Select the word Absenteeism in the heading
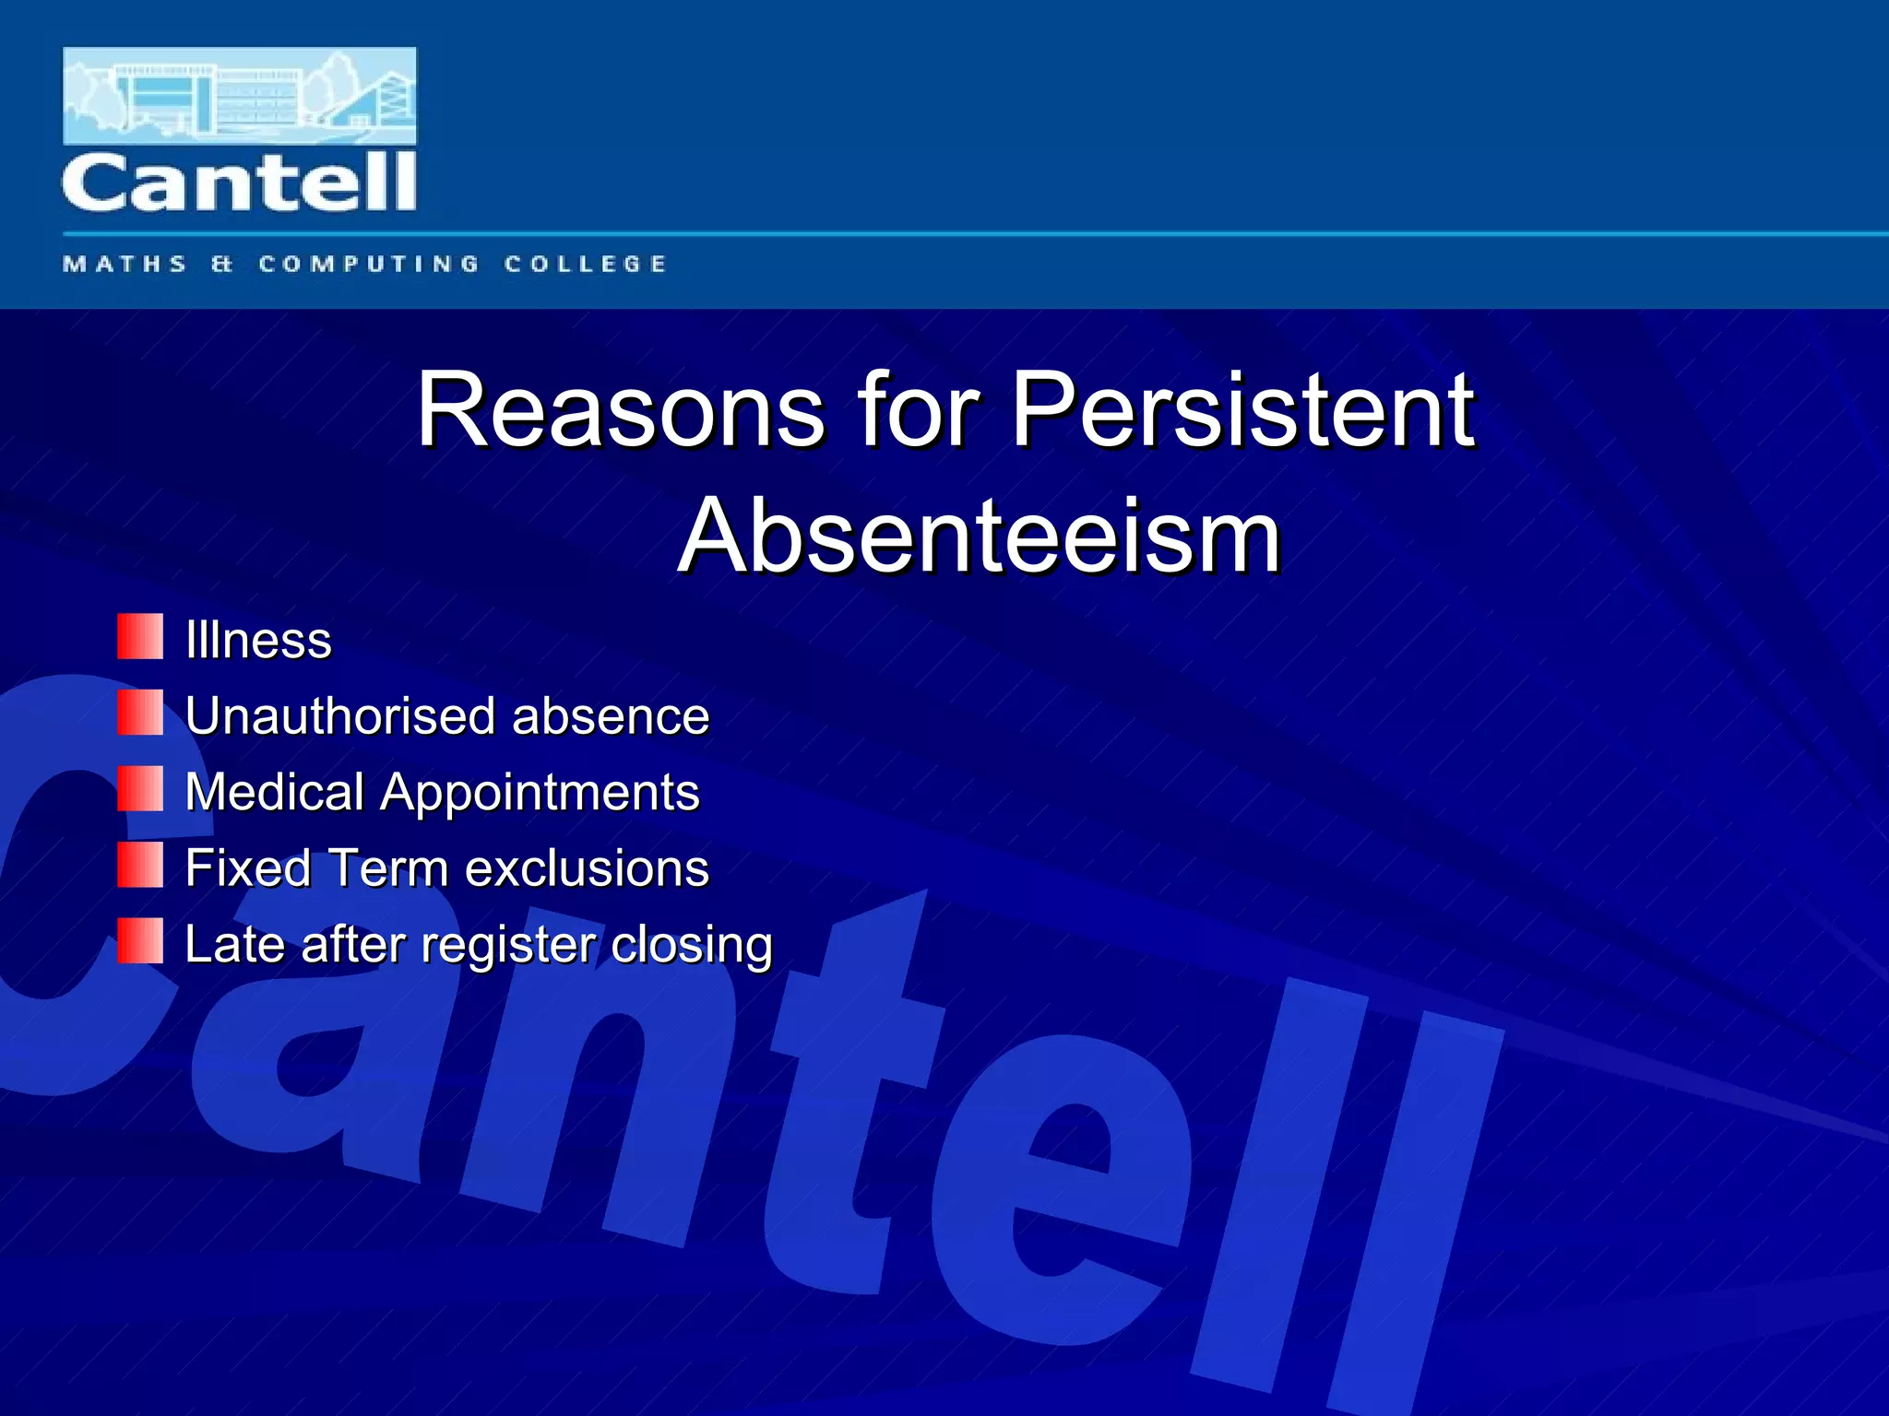pyautogui.click(x=980, y=537)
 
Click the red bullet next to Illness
pyautogui.click(x=140, y=637)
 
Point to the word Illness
pyautogui.click(x=258, y=640)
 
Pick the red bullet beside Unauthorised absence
pyautogui.click(x=140, y=713)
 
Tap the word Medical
pyautogui.click(x=275, y=792)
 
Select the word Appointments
pyautogui.click(x=541, y=794)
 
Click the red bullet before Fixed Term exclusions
pyautogui.click(x=140, y=865)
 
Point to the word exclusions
pyautogui.click(x=587, y=868)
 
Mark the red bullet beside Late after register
pyautogui.click(x=140, y=940)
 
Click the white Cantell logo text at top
pyautogui.click(x=239, y=183)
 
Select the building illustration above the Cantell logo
pyautogui.click(x=239, y=95)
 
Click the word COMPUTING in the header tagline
pyautogui.click(x=369, y=265)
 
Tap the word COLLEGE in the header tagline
pyautogui.click(x=585, y=265)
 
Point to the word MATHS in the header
pyautogui.click(x=125, y=265)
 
